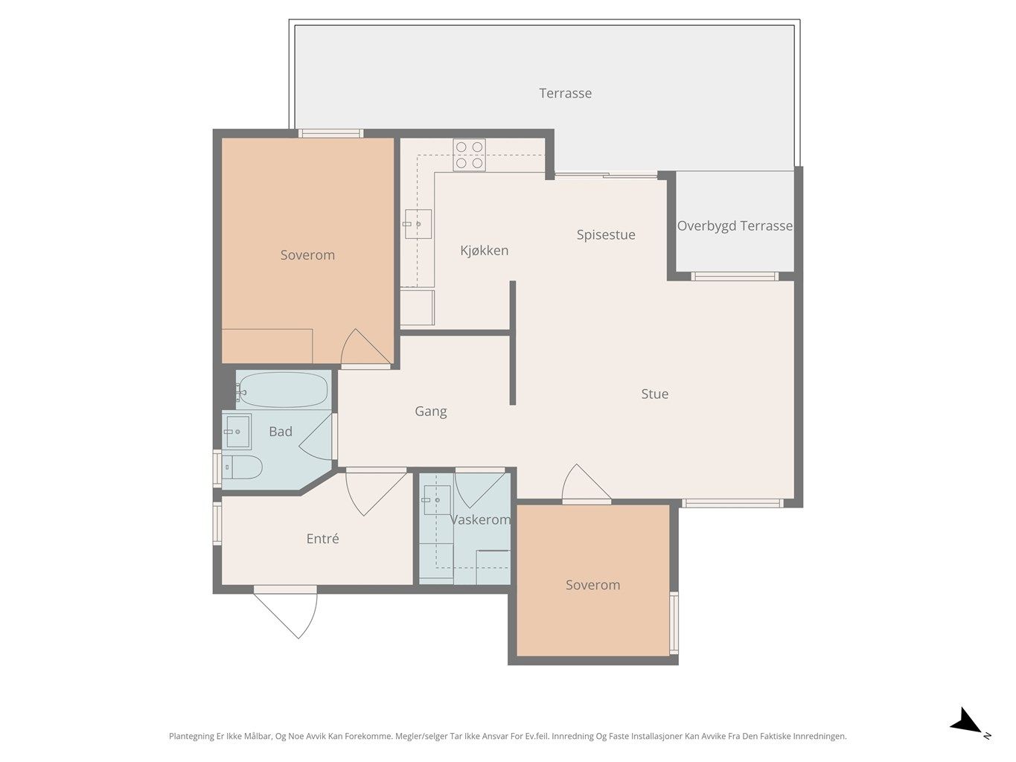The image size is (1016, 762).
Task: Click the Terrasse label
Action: (x=565, y=94)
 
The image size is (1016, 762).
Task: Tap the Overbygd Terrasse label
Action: (x=735, y=225)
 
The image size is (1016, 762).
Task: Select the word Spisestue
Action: (x=605, y=235)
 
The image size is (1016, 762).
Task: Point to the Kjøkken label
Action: (x=484, y=250)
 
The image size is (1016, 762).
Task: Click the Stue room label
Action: (x=654, y=394)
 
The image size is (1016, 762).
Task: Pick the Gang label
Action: (x=430, y=412)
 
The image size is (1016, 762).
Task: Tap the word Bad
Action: (x=281, y=432)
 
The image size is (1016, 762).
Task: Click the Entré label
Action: (x=322, y=539)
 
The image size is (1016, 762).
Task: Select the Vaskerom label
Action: (x=480, y=519)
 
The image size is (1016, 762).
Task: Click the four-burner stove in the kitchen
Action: (x=470, y=155)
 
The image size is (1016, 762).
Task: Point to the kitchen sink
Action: (x=418, y=224)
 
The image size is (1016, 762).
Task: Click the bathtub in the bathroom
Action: (x=284, y=391)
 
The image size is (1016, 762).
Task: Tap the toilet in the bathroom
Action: (x=242, y=467)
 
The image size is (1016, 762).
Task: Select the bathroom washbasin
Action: (x=237, y=432)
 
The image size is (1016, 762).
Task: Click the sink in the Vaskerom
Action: (x=436, y=499)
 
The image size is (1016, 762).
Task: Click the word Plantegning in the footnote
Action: (x=192, y=736)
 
